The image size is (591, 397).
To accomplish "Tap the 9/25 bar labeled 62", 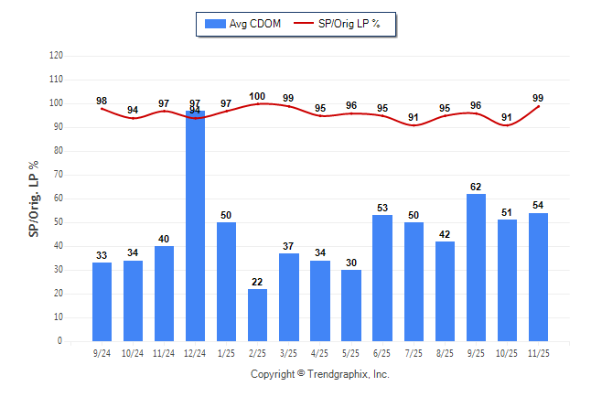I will pyautogui.click(x=477, y=267).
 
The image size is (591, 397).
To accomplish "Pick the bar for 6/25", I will pyautogui.click(x=382, y=278).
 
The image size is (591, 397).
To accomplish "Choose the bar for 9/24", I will pyautogui.click(x=102, y=302).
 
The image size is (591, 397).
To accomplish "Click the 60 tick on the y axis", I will pyautogui.click(x=59, y=198).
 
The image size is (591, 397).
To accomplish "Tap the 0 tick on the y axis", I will pyautogui.click(x=60, y=341).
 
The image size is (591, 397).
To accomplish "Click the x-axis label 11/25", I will pyautogui.click(x=539, y=352).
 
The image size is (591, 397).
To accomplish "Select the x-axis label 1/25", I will pyautogui.click(x=226, y=352).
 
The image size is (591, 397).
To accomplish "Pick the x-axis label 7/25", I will pyautogui.click(x=414, y=352).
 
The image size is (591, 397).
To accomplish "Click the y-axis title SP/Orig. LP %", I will pyautogui.click(x=34, y=198).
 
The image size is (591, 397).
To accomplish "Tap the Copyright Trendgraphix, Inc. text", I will pyautogui.click(x=320, y=374).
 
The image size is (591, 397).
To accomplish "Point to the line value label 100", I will pyautogui.click(x=257, y=96).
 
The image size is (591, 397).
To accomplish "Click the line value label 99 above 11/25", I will pyautogui.click(x=539, y=98).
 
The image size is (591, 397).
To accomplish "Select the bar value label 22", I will pyautogui.click(x=257, y=281).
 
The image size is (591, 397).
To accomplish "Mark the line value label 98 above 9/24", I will pyautogui.click(x=102, y=101).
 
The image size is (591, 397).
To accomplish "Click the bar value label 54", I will pyautogui.click(x=539, y=205).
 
